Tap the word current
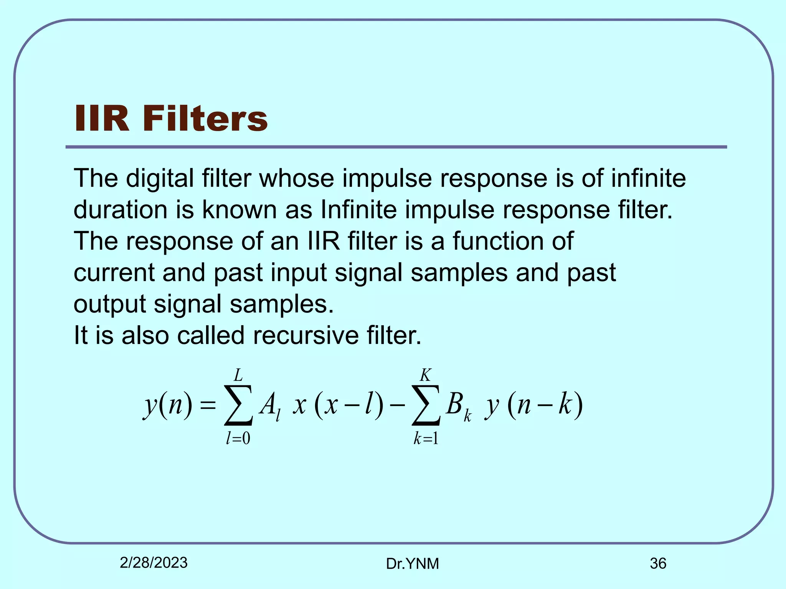114,273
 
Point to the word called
211,336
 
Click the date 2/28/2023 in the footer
154,563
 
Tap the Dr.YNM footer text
412,564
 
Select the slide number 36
658,563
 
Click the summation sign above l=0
238,405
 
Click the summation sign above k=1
426,405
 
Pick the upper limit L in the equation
238,375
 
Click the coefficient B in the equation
454,404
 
